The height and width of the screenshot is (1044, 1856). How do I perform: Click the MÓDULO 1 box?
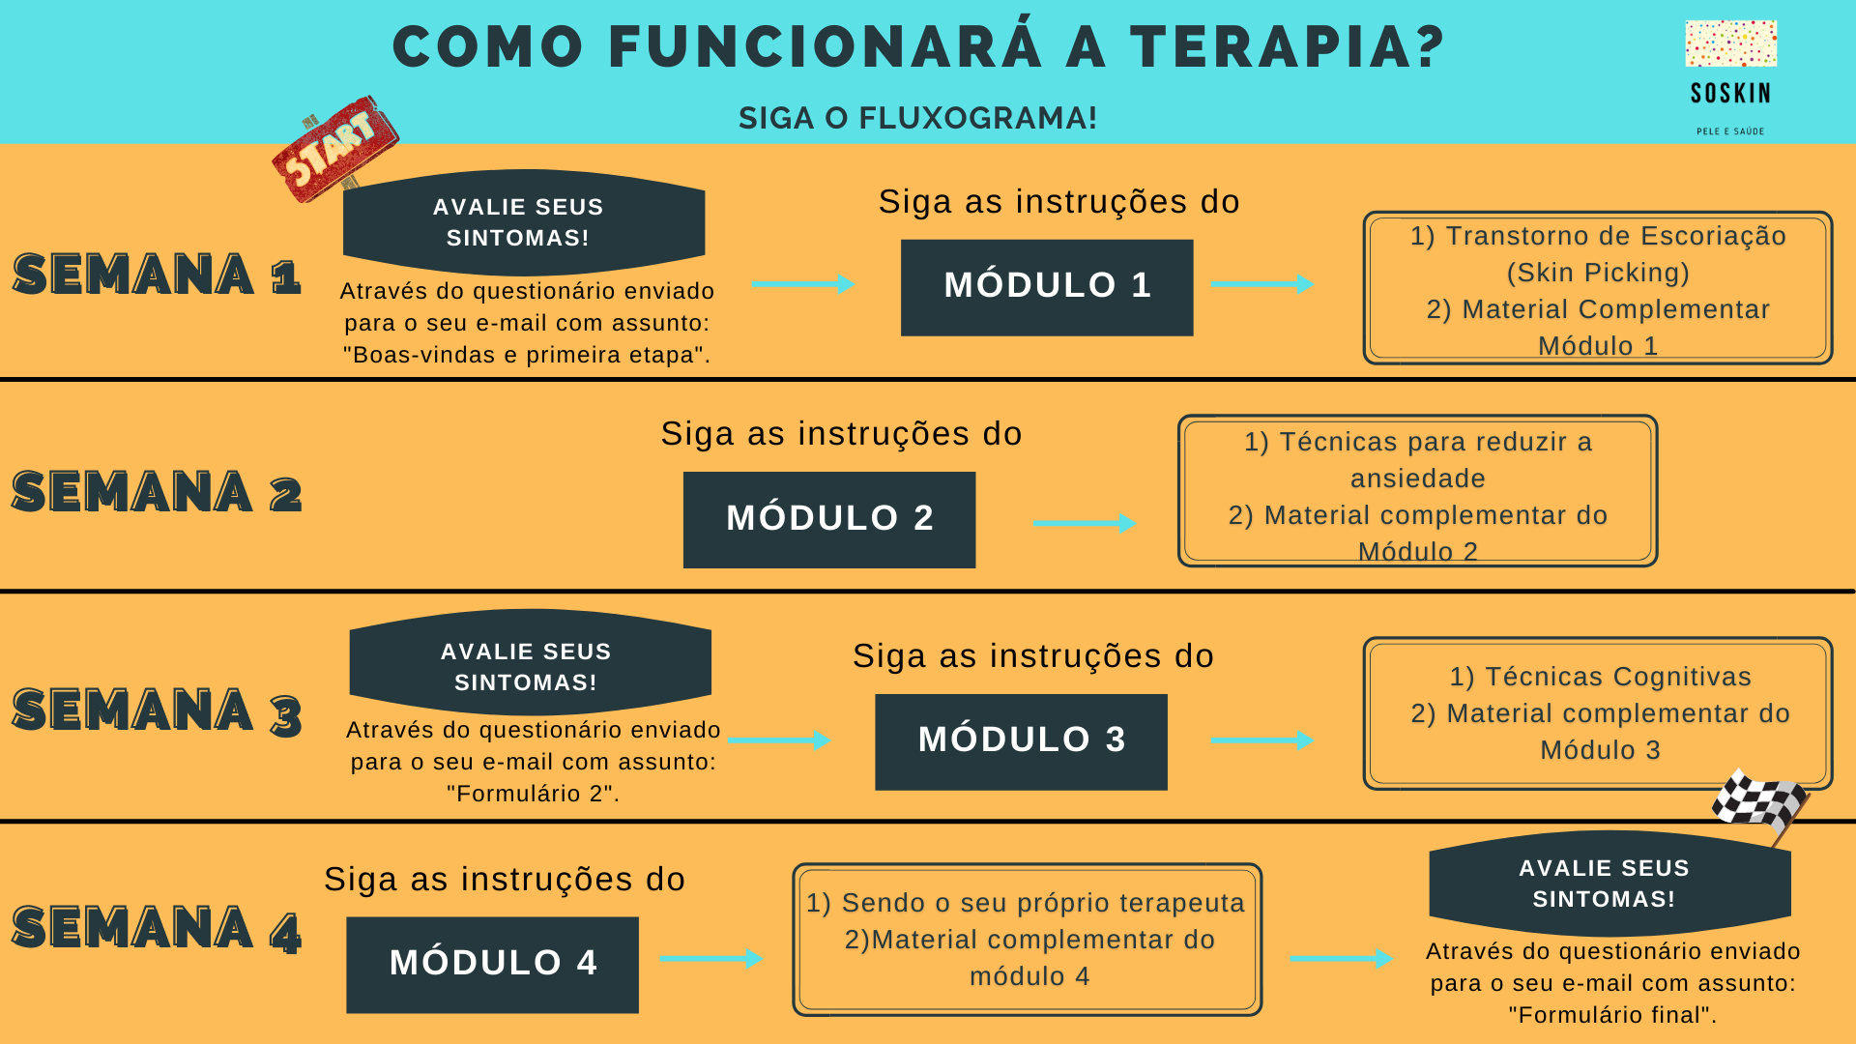click(x=1047, y=287)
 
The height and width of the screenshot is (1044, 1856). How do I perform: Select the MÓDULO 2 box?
click(x=829, y=519)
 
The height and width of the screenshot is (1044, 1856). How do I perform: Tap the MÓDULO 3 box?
click(x=1021, y=741)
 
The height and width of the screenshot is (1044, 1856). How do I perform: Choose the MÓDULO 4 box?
click(x=492, y=965)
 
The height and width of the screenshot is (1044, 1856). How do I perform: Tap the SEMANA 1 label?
click(x=157, y=274)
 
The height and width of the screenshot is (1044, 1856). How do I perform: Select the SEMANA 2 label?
click(x=157, y=492)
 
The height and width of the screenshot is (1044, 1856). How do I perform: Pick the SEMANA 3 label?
click(x=157, y=711)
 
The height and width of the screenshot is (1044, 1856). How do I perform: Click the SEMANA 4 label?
click(x=157, y=929)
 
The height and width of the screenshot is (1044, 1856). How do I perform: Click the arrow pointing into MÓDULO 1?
click(x=803, y=284)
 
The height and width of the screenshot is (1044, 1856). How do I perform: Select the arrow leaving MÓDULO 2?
click(x=1085, y=523)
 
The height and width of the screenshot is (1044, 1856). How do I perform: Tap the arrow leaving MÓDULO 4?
click(x=711, y=959)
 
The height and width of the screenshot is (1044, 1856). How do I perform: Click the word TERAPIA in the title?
click(x=1289, y=47)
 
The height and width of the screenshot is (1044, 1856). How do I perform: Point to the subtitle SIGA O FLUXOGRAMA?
click(x=918, y=118)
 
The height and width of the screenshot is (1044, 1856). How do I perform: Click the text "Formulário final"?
click(x=1612, y=1015)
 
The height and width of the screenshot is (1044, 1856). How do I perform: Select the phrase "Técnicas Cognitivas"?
click(x=1617, y=677)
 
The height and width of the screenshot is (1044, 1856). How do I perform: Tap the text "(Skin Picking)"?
click(x=1598, y=273)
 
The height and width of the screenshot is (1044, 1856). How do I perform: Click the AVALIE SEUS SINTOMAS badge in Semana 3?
click(x=530, y=663)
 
